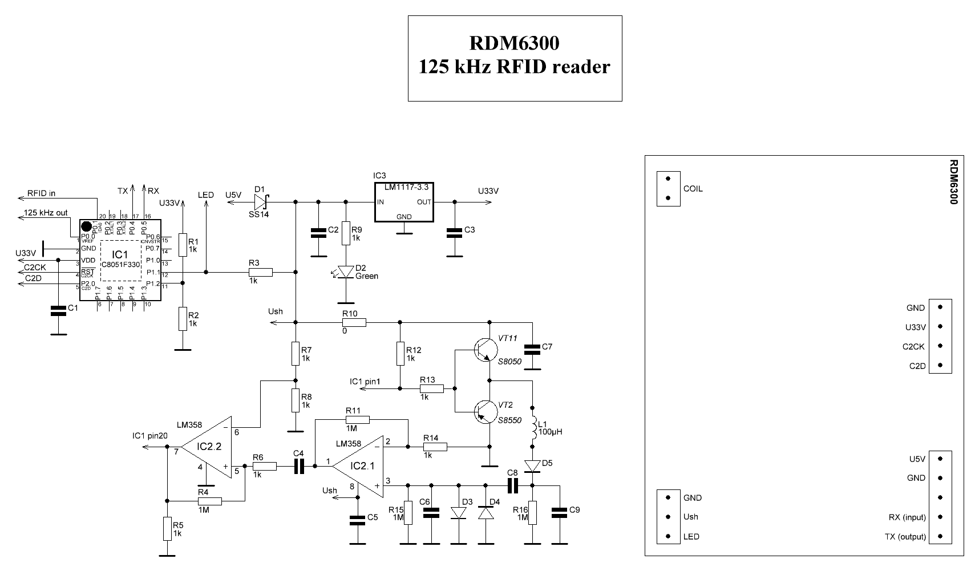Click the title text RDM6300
[x=514, y=43]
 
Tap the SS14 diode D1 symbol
[x=261, y=201]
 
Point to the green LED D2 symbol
[x=345, y=272]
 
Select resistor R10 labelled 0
[x=354, y=323]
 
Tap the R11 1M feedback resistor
[x=358, y=420]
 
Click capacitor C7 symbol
[x=532, y=349]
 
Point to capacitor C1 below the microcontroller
[x=58, y=310]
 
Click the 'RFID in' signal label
[x=41, y=193]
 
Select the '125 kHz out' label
[x=46, y=213]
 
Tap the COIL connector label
[x=693, y=189]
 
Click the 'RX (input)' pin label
[x=907, y=517]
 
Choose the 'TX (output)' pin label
[x=905, y=537]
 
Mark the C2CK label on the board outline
[x=913, y=346]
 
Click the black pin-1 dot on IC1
[x=86, y=226]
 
